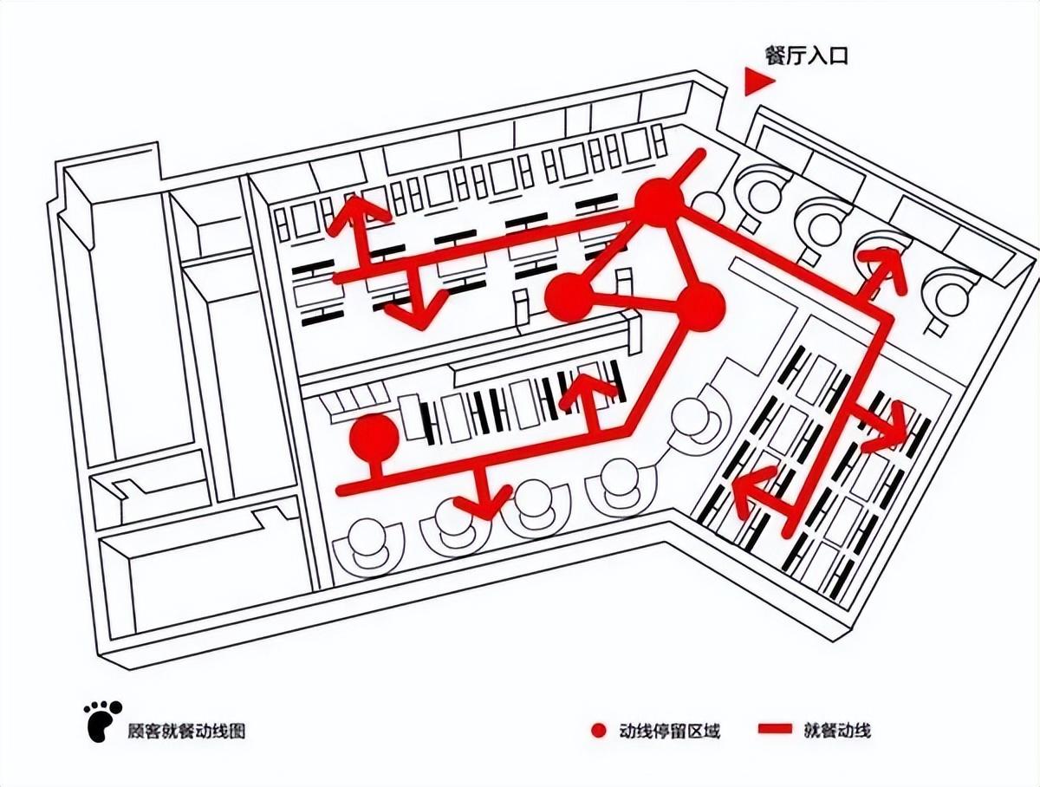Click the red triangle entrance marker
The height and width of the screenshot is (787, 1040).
click(x=757, y=81)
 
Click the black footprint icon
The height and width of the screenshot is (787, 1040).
click(x=102, y=720)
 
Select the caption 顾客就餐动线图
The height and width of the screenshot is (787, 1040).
click(x=186, y=731)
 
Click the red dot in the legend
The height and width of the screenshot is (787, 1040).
click(x=599, y=730)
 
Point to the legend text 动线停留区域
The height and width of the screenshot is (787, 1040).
click(x=669, y=731)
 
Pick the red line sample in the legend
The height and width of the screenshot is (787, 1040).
click(x=775, y=729)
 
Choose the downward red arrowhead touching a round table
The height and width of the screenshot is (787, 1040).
click(x=484, y=502)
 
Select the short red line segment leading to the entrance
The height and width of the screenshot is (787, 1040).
click(x=690, y=166)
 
